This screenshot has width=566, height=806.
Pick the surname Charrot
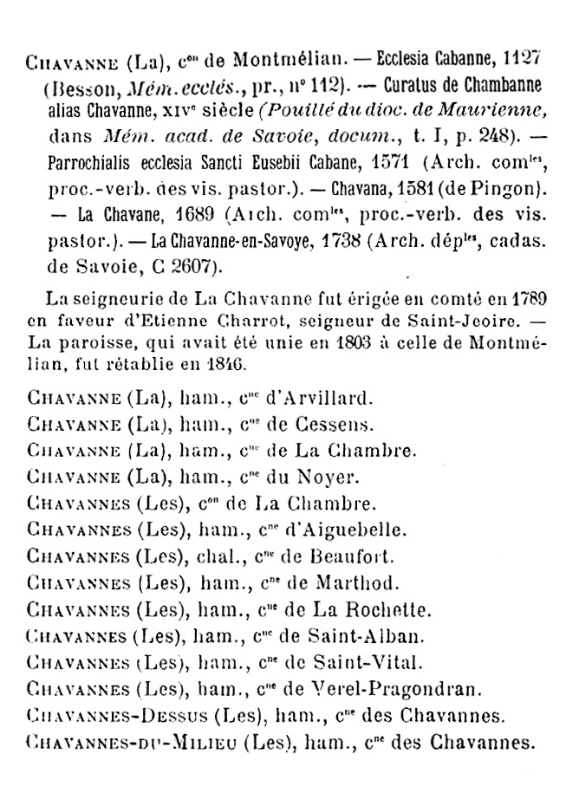(x=252, y=318)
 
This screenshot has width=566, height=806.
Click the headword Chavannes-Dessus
(x=117, y=717)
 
